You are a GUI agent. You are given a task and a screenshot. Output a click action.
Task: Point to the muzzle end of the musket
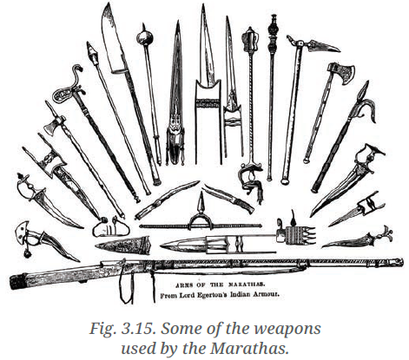[x=398, y=261]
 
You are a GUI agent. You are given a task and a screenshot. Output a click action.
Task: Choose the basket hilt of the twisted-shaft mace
[x=250, y=179]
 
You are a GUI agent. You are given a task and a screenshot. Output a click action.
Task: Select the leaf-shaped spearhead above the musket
[x=123, y=245]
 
